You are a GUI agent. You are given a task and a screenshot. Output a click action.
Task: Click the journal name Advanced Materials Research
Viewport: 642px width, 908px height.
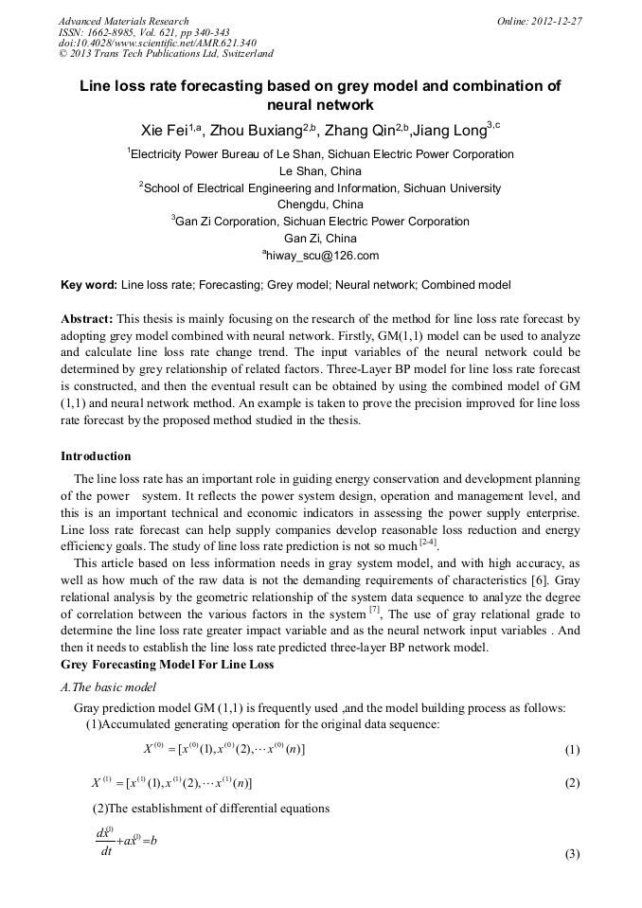coord(124,21)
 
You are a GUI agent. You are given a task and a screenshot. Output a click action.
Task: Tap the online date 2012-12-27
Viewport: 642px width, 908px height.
coord(557,21)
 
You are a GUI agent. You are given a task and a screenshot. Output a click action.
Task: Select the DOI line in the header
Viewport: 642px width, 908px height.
coord(157,44)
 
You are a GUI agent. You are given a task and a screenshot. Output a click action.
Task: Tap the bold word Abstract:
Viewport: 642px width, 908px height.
coord(87,319)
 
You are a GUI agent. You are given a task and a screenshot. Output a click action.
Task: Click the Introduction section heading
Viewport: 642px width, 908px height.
coord(96,456)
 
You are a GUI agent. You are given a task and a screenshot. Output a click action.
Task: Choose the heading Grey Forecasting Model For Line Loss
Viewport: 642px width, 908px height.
coord(168,665)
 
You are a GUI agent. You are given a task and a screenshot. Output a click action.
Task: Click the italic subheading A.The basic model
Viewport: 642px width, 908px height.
coord(108,687)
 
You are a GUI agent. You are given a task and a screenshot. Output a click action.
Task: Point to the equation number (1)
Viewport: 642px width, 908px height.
coord(572,751)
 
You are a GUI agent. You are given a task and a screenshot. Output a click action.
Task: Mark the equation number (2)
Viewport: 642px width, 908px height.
coord(572,784)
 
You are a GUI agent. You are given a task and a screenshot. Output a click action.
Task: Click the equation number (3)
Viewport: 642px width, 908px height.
coord(572,854)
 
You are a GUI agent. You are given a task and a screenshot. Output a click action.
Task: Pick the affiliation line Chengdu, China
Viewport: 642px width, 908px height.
coord(320,205)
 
